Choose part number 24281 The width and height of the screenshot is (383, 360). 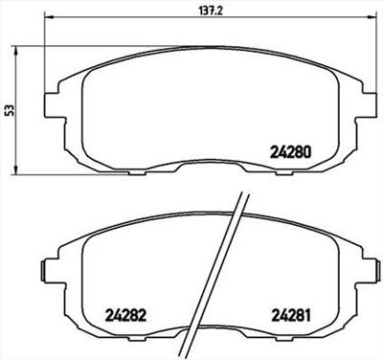tap(294, 313)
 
